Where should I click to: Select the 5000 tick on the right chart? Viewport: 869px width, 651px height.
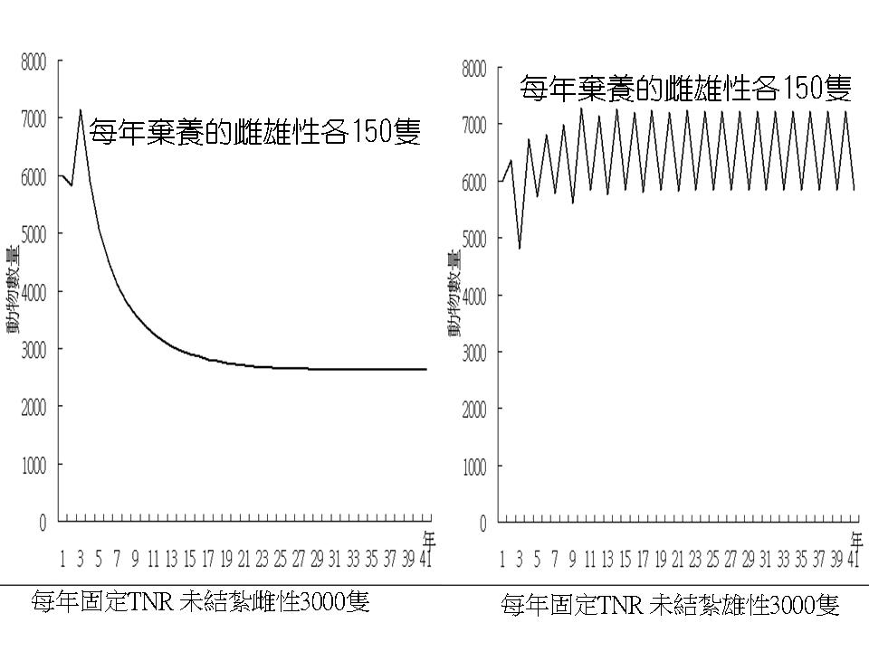tap(473, 239)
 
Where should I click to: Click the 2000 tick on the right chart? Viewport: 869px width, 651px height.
tap(473, 410)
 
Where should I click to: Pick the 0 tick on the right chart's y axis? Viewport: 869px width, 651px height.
tap(482, 524)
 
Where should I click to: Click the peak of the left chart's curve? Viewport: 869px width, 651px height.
tap(81, 110)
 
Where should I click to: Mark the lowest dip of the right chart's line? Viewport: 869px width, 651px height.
tap(520, 248)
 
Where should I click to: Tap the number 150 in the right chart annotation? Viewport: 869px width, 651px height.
tap(797, 89)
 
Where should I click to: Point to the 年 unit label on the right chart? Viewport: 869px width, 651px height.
tap(857, 540)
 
